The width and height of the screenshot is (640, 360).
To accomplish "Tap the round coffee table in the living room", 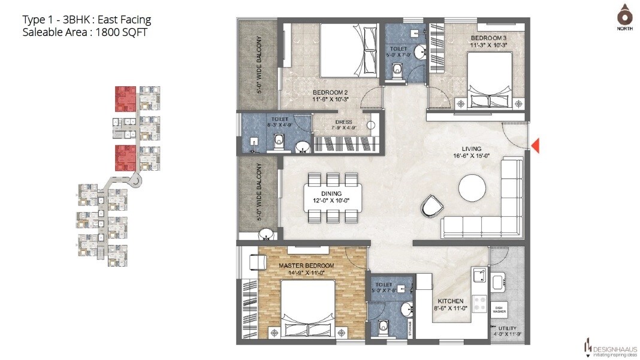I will click(x=472, y=189).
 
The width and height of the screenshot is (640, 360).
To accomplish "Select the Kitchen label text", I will click(x=450, y=301).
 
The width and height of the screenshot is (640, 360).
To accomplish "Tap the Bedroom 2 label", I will click(x=330, y=92).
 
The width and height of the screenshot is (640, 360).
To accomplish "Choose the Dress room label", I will click(x=343, y=122).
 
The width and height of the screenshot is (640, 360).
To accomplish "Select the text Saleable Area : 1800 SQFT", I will click(x=84, y=32).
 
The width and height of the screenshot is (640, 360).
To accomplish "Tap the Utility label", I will click(x=507, y=328).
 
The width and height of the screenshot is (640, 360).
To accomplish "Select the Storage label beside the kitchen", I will click(x=410, y=329).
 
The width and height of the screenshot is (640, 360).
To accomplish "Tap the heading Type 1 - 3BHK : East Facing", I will click(x=86, y=20).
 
